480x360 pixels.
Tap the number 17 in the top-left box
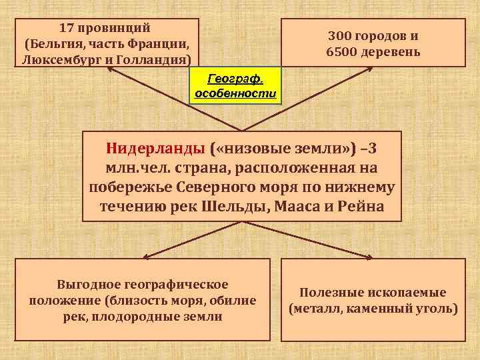(x=67, y=29)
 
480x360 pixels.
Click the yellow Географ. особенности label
(x=235, y=86)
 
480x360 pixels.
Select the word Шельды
(x=234, y=205)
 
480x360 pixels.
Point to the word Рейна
(x=361, y=205)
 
